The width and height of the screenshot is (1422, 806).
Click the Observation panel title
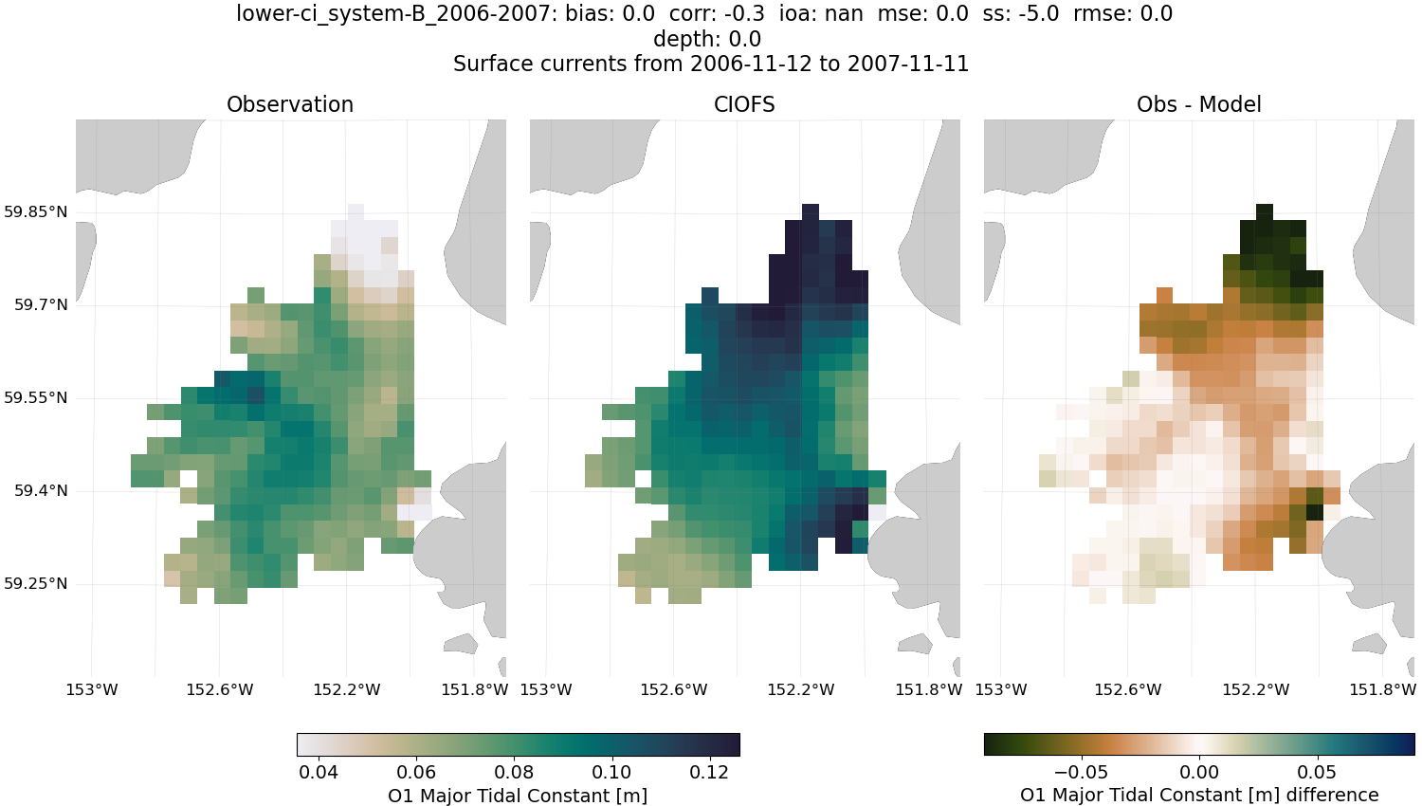point(290,104)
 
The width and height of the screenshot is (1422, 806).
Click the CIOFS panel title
point(744,104)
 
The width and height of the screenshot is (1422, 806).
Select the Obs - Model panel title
point(1198,104)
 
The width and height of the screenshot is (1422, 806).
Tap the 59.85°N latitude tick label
point(36,211)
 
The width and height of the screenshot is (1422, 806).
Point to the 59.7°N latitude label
point(41,304)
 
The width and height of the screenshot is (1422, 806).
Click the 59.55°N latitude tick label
point(36,397)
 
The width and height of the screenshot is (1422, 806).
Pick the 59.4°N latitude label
point(41,490)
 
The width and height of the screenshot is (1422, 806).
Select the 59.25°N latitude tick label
point(36,583)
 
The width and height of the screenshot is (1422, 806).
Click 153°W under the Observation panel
point(92,689)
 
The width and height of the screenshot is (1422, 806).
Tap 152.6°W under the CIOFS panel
point(674,689)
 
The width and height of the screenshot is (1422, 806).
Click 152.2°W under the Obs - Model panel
point(1255,689)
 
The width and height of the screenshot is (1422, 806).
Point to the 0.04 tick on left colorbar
point(319,772)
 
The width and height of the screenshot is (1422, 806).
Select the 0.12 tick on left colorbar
point(709,772)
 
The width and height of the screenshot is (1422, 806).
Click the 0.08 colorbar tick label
point(514,772)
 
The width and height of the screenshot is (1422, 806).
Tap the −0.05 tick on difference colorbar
point(1081,772)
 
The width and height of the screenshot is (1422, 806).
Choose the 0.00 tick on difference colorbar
point(1200,772)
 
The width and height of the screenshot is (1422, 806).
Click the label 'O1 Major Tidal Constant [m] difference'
point(1199,795)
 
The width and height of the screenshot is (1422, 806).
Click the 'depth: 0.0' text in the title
point(707,39)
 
